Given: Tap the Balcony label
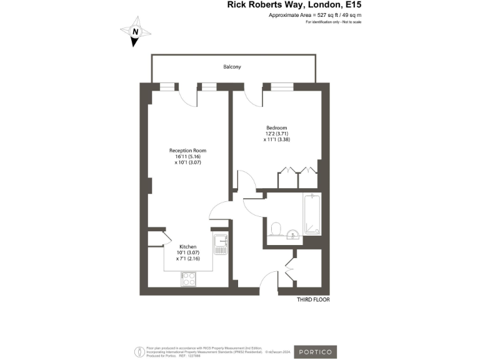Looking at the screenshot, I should [x=232, y=67].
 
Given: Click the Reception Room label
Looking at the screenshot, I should [x=187, y=151].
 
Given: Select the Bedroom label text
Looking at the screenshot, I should [x=276, y=127].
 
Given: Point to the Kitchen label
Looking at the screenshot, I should [x=188, y=247].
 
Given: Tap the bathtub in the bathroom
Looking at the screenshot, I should [x=312, y=214].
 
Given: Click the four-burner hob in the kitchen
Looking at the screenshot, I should [x=188, y=279].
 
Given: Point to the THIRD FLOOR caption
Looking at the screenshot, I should [x=313, y=300].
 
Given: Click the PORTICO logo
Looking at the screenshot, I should [x=315, y=352].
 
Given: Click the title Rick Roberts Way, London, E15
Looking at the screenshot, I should [x=294, y=5].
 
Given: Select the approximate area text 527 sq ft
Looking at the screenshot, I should [x=315, y=14].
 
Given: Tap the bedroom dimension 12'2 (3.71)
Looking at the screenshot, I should [x=276, y=134].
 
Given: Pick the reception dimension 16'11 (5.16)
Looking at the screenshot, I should [x=187, y=156].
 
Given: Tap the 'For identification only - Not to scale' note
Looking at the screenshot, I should [x=334, y=22].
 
